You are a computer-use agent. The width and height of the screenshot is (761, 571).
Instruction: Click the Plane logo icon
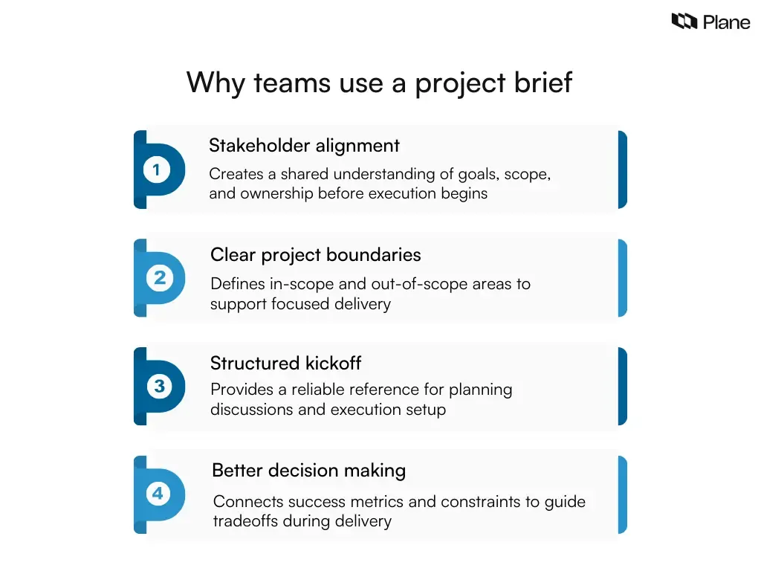[x=684, y=22]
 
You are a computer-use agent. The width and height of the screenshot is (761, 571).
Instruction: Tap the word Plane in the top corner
[x=727, y=22]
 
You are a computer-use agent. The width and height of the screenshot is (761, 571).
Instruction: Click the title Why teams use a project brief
[x=380, y=82]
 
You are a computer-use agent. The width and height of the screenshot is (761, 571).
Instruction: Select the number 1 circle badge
[x=156, y=170]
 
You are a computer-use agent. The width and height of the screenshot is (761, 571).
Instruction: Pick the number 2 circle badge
[x=159, y=278]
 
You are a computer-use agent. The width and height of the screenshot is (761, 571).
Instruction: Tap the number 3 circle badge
[x=159, y=387]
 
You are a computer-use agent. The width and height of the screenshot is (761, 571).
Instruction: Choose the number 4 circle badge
[x=158, y=494]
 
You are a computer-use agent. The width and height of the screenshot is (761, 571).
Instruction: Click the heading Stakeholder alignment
[x=304, y=146]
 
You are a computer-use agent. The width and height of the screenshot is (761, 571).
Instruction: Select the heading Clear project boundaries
[x=315, y=255]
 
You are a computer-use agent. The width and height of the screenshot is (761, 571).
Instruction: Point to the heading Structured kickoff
[x=285, y=364]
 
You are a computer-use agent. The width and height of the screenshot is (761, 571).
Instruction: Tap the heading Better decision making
[x=308, y=471]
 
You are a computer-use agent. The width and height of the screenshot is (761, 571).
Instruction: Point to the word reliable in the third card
[x=325, y=390]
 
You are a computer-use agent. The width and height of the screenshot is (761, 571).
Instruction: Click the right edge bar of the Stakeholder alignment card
[x=622, y=170]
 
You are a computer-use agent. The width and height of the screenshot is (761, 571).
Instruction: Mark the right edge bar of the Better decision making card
[x=622, y=494]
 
